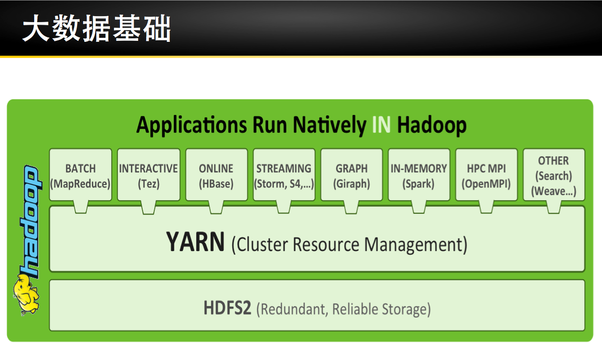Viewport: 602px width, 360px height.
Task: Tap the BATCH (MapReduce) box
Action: click(x=80, y=174)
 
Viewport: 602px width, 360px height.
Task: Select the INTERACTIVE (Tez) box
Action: click(x=148, y=174)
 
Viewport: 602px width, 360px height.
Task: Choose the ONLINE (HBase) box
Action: click(x=216, y=174)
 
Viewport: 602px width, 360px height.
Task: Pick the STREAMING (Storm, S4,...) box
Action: click(x=284, y=174)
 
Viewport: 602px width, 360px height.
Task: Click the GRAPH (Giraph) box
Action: click(x=351, y=174)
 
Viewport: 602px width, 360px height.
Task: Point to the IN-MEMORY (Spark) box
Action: click(x=418, y=174)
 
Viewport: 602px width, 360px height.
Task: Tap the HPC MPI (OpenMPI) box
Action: click(x=486, y=174)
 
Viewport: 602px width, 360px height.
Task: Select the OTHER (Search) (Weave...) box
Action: click(x=554, y=174)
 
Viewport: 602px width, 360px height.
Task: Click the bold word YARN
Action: click(x=196, y=243)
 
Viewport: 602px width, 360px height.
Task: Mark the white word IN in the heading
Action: click(x=381, y=125)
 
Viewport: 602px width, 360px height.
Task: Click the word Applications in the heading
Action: click(x=192, y=125)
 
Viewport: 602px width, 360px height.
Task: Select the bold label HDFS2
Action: click(x=227, y=308)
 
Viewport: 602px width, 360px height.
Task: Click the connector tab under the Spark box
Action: click(x=418, y=206)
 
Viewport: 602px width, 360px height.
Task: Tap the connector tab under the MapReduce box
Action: click(x=80, y=206)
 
